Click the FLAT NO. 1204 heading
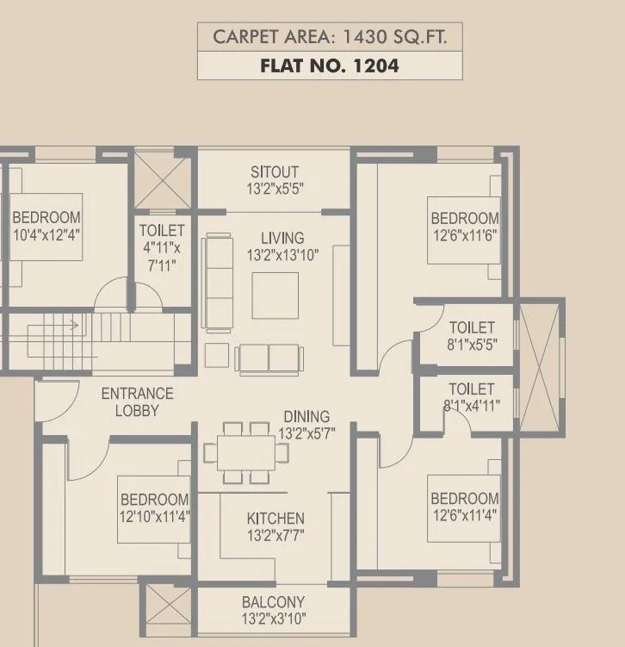pyautogui.click(x=330, y=65)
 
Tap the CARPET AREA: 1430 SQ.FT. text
pyautogui.click(x=330, y=37)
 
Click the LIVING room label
pyautogui.click(x=282, y=238)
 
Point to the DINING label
pyautogui.click(x=306, y=417)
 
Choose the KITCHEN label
pyautogui.click(x=275, y=519)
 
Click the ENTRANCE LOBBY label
pyautogui.click(x=137, y=402)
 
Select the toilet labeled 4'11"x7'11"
pyautogui.click(x=162, y=248)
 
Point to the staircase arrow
pyautogui.click(x=73, y=326)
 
